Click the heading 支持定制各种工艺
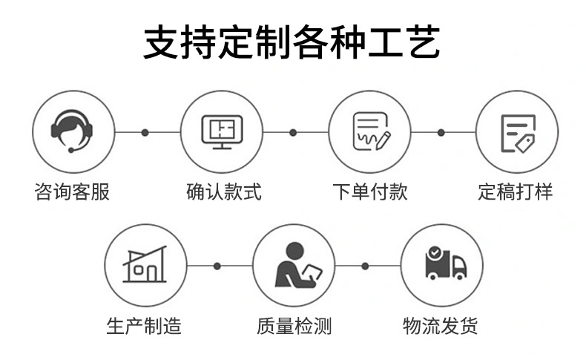[x=292, y=42]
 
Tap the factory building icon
[x=146, y=265]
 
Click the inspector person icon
[x=293, y=265]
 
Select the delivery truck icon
[x=442, y=265]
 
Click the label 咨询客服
[x=73, y=192]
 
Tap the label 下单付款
[x=369, y=192]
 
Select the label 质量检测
[x=294, y=325]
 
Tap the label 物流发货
[x=441, y=325]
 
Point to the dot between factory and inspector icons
[x=217, y=265]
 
